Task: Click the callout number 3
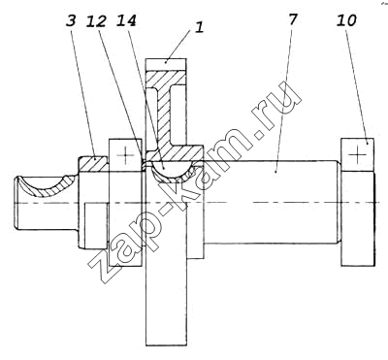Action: [x=71, y=21]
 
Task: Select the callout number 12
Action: [x=96, y=21]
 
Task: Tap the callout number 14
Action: [x=126, y=20]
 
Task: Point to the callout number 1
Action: [x=199, y=27]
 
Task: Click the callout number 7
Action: [x=291, y=19]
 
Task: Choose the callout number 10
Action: [x=346, y=20]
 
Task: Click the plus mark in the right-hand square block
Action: [x=358, y=155]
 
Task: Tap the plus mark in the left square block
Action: [x=125, y=155]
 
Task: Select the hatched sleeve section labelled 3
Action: [x=93, y=164]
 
